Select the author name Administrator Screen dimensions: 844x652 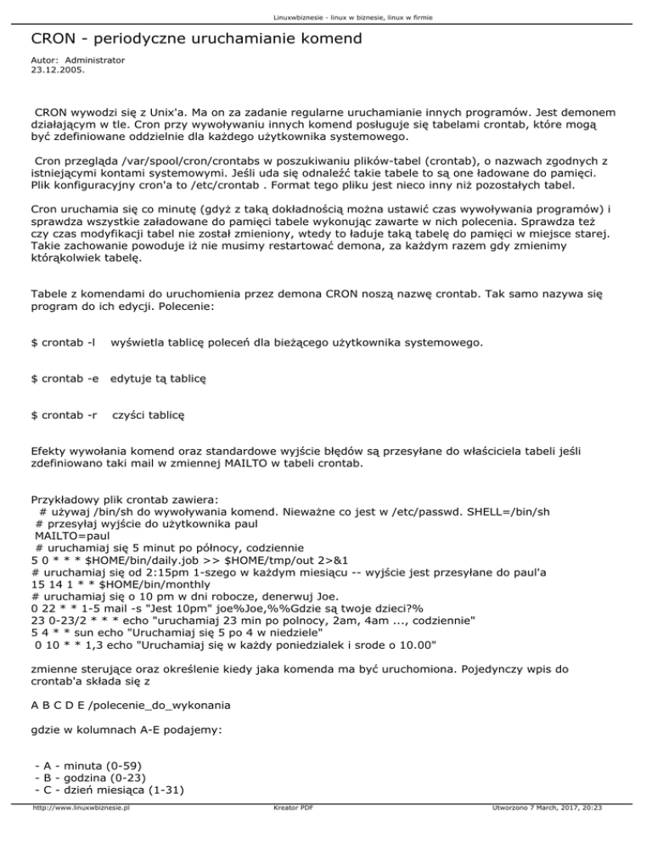[95, 60]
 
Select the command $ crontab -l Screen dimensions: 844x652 [62, 342]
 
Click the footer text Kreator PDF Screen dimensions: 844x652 [289, 834]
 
